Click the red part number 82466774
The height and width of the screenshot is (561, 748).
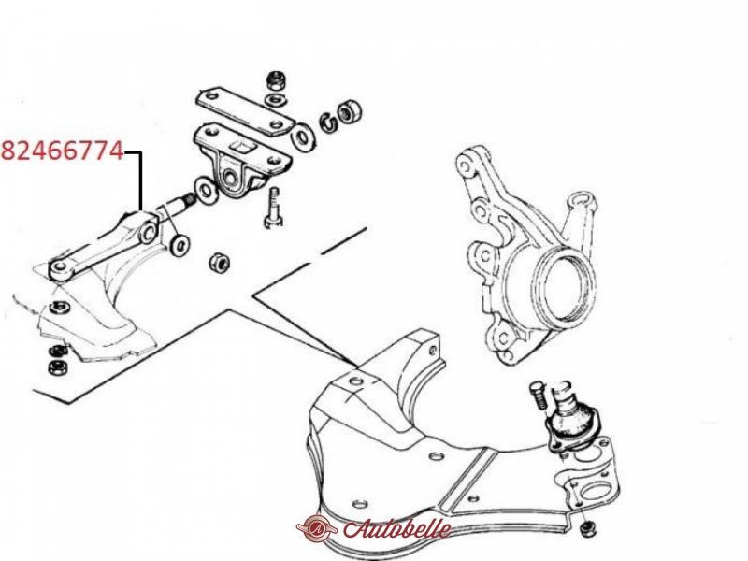tap(63, 151)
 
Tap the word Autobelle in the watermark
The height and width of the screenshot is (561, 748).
tap(396, 528)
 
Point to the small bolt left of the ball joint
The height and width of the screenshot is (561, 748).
tap(538, 395)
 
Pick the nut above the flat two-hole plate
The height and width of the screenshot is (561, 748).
tap(275, 80)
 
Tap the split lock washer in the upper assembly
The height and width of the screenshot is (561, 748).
tap(330, 121)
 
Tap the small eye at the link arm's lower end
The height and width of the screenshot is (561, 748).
tap(60, 267)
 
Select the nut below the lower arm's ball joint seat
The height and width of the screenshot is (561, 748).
tap(587, 527)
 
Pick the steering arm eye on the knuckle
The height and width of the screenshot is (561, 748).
tap(583, 199)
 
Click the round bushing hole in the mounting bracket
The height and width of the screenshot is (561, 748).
tap(230, 178)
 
